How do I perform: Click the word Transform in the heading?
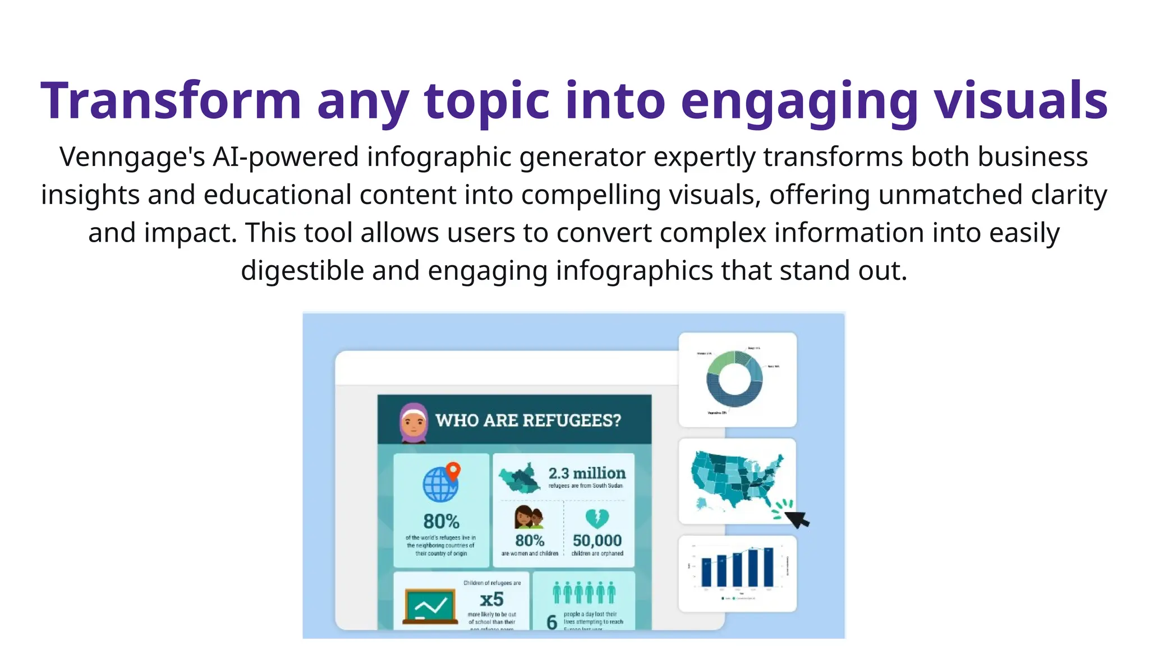tap(171, 101)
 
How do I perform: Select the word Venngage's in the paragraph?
tap(132, 156)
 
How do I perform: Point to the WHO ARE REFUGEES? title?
tap(528, 420)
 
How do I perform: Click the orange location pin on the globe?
tap(453, 470)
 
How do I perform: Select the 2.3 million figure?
tap(587, 473)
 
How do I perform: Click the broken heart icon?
tap(597, 518)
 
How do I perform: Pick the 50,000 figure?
tap(597, 541)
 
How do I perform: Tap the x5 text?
tap(491, 599)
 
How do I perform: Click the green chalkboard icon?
tap(430, 606)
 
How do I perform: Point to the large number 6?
tap(552, 622)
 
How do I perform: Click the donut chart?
tap(734, 379)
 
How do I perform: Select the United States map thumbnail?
tap(737, 481)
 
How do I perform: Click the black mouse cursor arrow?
tap(798, 519)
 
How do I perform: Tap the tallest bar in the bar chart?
tap(768, 567)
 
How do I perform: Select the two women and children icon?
tap(528, 517)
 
